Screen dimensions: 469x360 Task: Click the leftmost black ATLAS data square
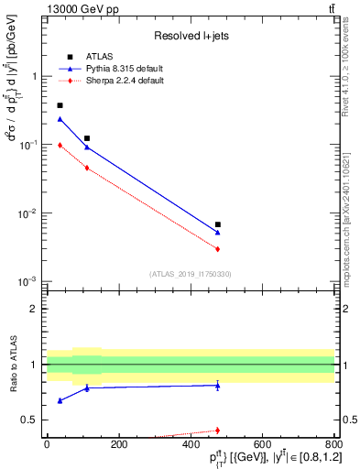pos(60,106)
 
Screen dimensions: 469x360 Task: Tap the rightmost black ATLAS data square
pos(218,224)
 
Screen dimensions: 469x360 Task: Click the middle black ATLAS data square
pos(87,138)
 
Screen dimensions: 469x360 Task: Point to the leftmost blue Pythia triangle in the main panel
pos(60,119)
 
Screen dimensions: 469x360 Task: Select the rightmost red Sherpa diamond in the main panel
pos(218,249)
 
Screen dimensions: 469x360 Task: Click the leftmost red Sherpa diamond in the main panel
pos(60,145)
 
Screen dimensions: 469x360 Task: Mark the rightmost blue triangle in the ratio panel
pos(218,386)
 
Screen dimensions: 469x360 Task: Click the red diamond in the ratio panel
pos(218,431)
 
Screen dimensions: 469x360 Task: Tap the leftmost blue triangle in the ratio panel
pos(60,400)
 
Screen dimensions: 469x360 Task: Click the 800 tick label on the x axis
pos(333,444)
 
